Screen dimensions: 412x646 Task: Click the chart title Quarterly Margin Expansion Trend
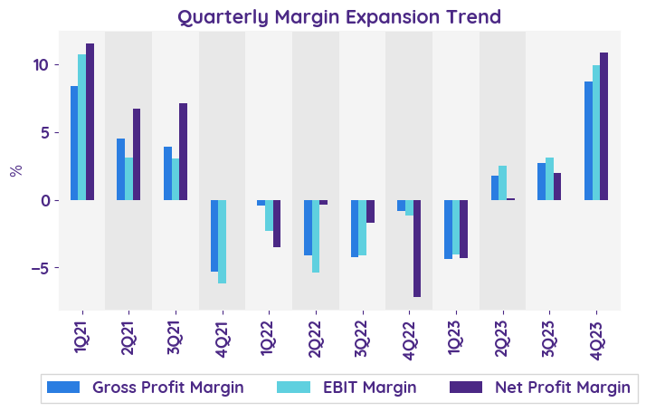pyautogui.click(x=338, y=16)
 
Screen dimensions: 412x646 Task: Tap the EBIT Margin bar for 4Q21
pyautogui.click(x=222, y=242)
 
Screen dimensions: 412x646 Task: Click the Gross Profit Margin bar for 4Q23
pyautogui.click(x=588, y=140)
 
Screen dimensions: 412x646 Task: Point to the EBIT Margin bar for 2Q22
pyautogui.click(x=316, y=236)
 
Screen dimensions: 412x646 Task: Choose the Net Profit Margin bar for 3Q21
pyautogui.click(x=183, y=151)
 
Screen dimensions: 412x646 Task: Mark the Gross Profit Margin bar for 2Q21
pyautogui.click(x=121, y=169)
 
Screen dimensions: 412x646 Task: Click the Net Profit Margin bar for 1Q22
pyautogui.click(x=277, y=224)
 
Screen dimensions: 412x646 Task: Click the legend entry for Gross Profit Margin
pyautogui.click(x=145, y=388)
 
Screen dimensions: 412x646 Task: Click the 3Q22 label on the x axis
pyautogui.click(x=362, y=335)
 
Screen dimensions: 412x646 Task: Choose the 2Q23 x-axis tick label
pyautogui.click(x=502, y=335)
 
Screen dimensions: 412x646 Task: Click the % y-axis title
pyautogui.click(x=15, y=170)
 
